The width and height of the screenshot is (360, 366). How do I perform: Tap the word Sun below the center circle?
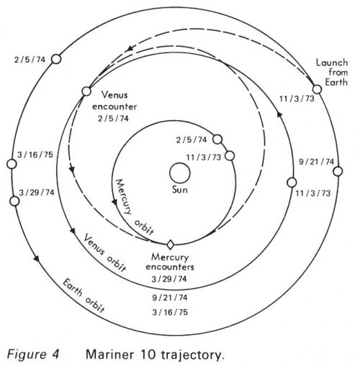pyautogui.click(x=180, y=190)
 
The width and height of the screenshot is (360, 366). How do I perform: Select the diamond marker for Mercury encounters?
pyautogui.click(x=171, y=244)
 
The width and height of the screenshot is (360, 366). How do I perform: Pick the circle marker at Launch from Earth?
pyautogui.click(x=317, y=89)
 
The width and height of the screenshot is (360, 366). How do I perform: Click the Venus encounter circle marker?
pyautogui.click(x=86, y=91)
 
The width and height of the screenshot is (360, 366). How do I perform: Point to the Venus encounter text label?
pyautogui.click(x=114, y=101)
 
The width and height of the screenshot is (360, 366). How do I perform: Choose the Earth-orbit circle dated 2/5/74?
pyautogui.click(x=56, y=59)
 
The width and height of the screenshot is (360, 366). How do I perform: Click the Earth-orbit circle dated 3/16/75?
pyautogui.click(x=12, y=164)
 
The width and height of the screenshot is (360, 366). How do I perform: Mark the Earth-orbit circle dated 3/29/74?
pyautogui.click(x=14, y=201)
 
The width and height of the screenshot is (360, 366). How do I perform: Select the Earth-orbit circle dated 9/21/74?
pyautogui.click(x=338, y=171)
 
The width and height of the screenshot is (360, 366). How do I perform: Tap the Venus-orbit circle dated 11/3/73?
pyautogui.click(x=292, y=183)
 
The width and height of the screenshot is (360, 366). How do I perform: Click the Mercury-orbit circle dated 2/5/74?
pyautogui.click(x=217, y=139)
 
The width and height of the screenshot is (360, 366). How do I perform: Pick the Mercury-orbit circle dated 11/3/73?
pyautogui.click(x=230, y=156)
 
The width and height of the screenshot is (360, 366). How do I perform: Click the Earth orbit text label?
pyautogui.click(x=84, y=296)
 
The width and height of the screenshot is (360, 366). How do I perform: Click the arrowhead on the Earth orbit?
pyautogui.click(x=36, y=258)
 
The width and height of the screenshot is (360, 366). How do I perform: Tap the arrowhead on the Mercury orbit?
pyautogui.click(x=114, y=203)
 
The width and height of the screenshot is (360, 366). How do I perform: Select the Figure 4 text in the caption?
pyautogui.click(x=33, y=354)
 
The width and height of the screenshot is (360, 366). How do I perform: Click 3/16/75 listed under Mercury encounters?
pyautogui.click(x=170, y=312)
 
